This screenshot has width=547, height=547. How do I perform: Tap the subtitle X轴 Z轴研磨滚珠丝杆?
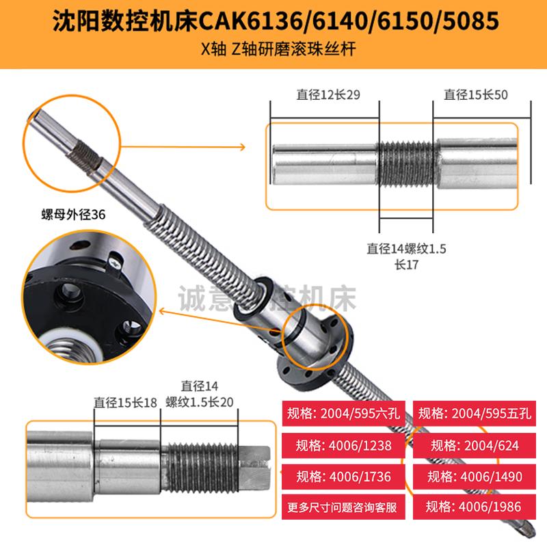(273, 51)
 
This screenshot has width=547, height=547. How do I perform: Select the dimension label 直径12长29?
(324, 95)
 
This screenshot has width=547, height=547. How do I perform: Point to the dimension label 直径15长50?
(476, 95)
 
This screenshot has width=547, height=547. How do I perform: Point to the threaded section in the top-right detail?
(406, 165)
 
